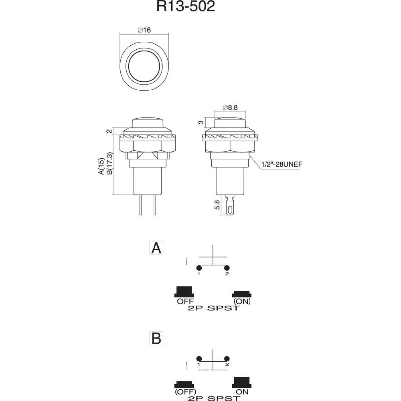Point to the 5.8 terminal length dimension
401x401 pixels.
pyautogui.click(x=217, y=205)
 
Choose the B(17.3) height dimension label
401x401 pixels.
pyautogui.click(x=109, y=163)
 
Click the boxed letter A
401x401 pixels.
pyautogui.click(x=156, y=248)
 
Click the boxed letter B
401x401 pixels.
pyautogui.click(x=156, y=338)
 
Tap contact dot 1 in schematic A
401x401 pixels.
pyautogui.click(x=198, y=268)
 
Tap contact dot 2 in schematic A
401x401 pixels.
pyautogui.click(x=227, y=268)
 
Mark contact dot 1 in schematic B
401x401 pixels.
pyautogui.click(x=198, y=358)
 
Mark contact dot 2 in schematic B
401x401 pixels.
pyautogui.click(x=227, y=358)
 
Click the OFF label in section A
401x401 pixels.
pyautogui.click(x=185, y=301)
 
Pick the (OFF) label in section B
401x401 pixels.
pyautogui.click(x=185, y=391)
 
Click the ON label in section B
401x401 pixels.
pyautogui.click(x=241, y=391)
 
